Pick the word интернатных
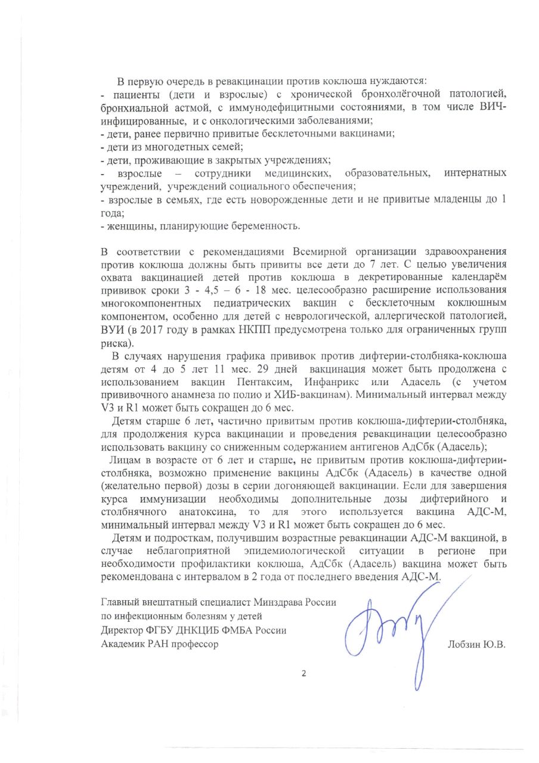click(x=476, y=173)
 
